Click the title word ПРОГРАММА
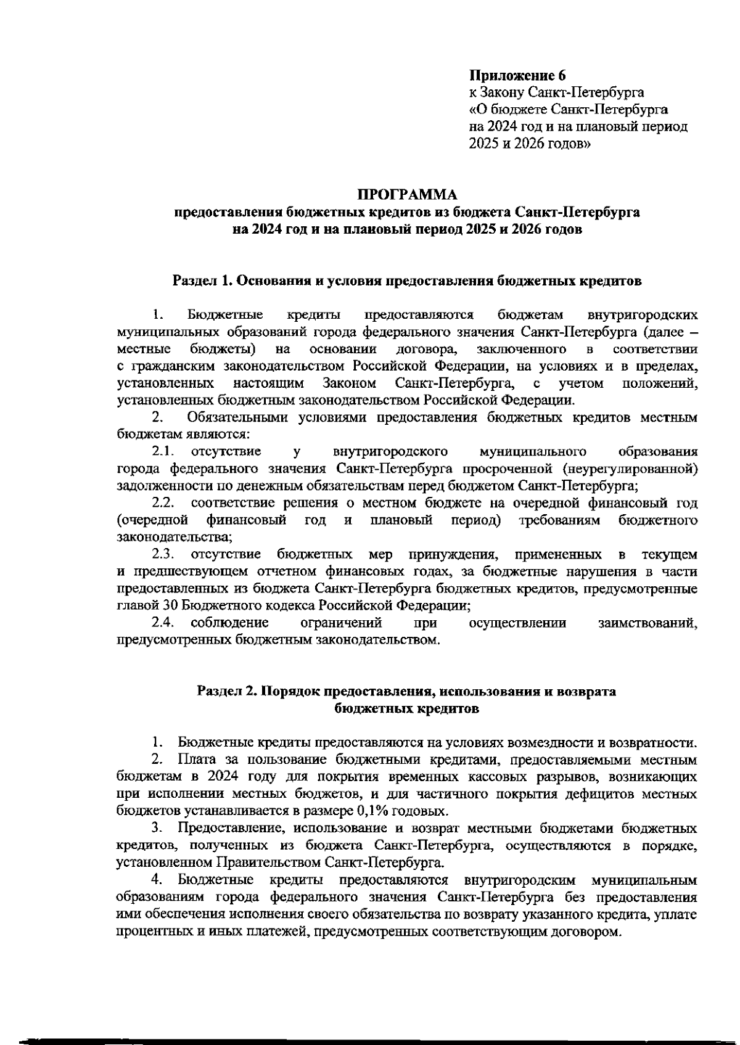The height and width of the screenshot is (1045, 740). (x=407, y=195)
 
